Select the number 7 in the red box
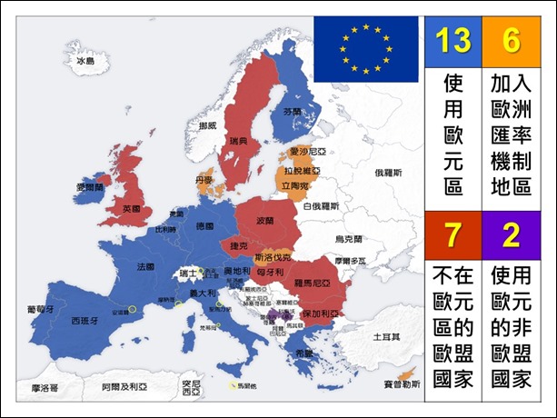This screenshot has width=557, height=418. pyautogui.click(x=451, y=234)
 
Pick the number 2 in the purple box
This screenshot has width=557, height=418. pyautogui.click(x=511, y=234)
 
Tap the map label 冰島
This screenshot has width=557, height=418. pyautogui.click(x=85, y=61)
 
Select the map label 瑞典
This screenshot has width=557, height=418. pyautogui.click(x=238, y=142)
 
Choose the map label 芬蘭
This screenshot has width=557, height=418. pyautogui.click(x=292, y=112)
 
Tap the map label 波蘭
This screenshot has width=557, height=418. pyautogui.click(x=265, y=221)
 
